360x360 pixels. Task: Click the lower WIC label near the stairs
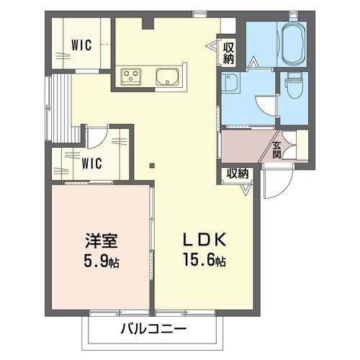[91, 163]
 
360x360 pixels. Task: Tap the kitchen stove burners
[132, 74]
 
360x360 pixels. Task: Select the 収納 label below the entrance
[238, 174]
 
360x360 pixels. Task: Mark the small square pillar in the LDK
[150, 165]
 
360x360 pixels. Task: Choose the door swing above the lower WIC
[99, 137]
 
